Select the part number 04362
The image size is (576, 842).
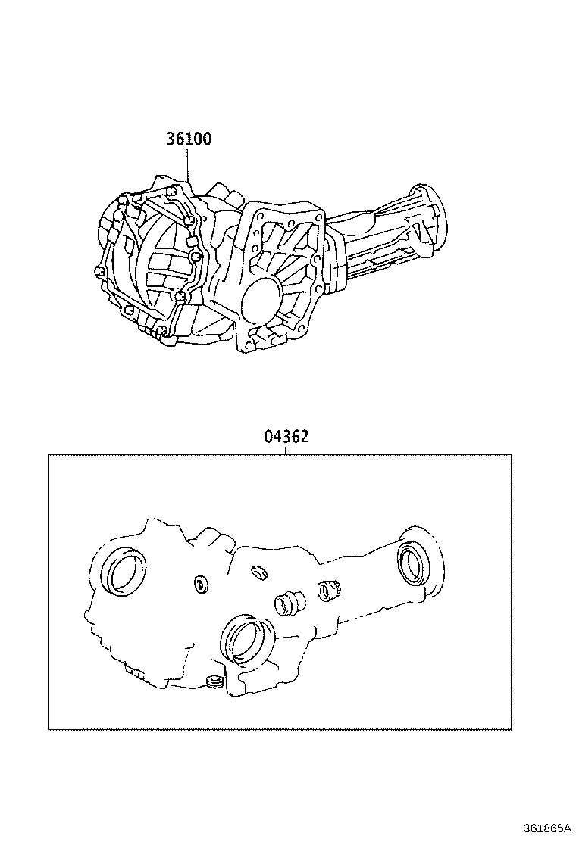click(x=286, y=437)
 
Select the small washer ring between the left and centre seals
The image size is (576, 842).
click(x=200, y=583)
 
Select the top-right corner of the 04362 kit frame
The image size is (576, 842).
click(x=512, y=455)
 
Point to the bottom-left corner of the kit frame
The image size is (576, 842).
click(x=49, y=729)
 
